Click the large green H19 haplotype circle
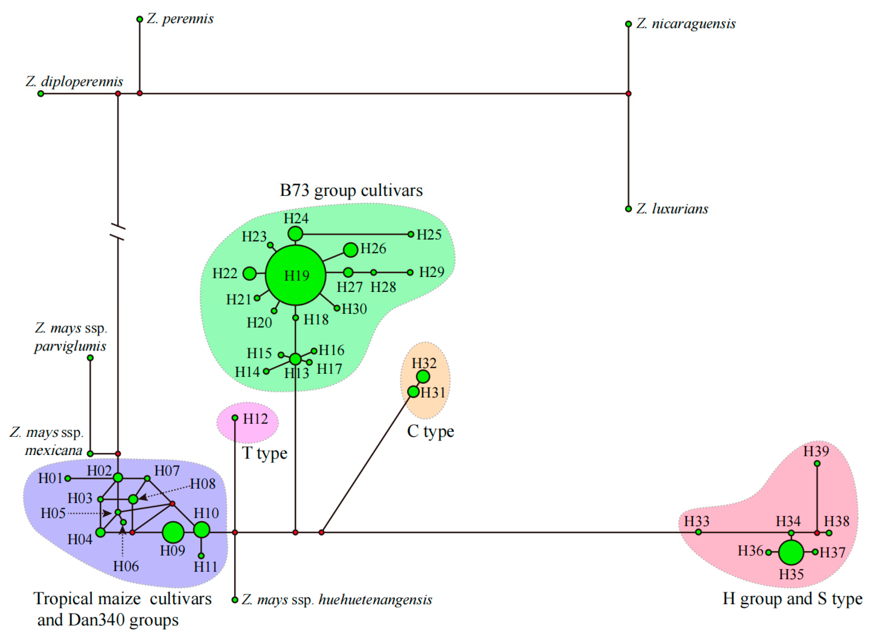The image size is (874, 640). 295,275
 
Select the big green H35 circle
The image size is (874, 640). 791,552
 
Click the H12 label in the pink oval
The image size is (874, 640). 255,419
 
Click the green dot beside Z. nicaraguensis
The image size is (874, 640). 628,24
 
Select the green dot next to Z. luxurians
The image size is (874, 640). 628,209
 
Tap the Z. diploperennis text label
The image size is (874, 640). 74,82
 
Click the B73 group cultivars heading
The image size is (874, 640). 351,191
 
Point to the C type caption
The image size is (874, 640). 430,431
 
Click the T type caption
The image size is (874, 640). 265,453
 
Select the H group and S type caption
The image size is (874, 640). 792,598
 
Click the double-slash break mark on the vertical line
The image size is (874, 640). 118,232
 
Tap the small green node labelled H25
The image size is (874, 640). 411,234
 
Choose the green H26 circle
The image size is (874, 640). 350,250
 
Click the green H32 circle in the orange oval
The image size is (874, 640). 423,377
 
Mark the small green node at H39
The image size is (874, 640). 817,463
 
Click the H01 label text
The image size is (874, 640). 50,478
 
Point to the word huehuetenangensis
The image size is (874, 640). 375,600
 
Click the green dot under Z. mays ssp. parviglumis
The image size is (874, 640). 90,358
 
